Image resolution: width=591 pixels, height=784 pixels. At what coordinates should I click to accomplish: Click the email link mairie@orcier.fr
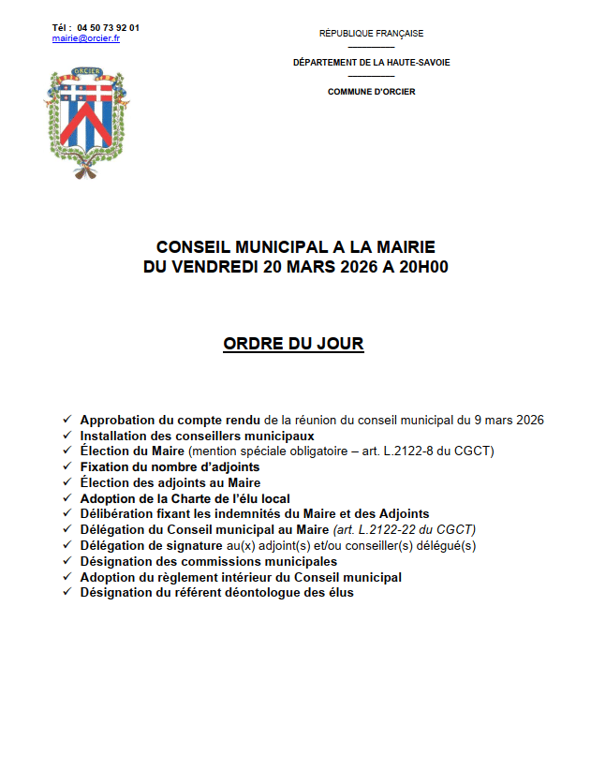(86, 38)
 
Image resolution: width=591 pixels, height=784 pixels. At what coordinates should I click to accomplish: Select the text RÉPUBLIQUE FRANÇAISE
(371, 34)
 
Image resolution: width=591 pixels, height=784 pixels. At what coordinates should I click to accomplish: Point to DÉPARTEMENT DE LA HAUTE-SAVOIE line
(371, 63)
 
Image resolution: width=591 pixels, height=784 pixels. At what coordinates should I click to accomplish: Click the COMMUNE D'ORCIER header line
(371, 92)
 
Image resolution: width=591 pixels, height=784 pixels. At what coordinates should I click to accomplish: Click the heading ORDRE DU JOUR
(293, 345)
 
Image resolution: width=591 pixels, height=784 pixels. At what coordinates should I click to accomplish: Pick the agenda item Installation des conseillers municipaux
(197, 436)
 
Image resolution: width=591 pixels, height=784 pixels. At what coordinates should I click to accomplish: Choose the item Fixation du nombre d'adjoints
(170, 466)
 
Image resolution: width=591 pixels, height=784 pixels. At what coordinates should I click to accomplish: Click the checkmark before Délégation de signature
(66, 545)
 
